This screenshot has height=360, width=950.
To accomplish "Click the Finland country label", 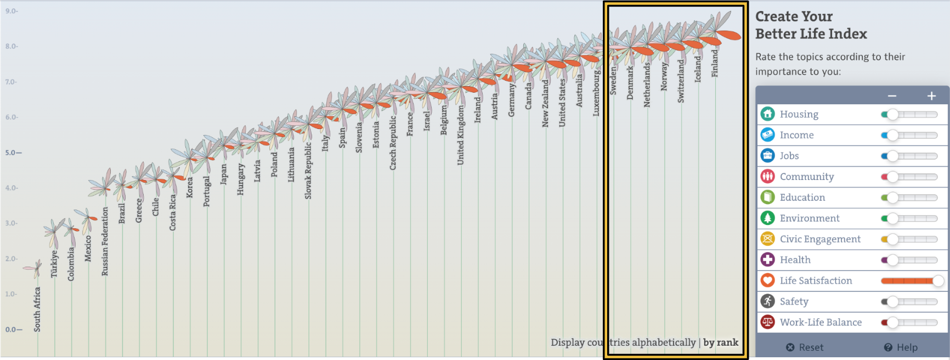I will (x=715, y=63).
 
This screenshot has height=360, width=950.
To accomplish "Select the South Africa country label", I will (x=37, y=310).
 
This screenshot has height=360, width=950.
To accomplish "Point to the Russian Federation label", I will (x=105, y=241).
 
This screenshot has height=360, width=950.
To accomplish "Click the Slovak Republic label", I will (x=308, y=171).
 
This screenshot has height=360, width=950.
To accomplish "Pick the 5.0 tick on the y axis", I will (x=13, y=153).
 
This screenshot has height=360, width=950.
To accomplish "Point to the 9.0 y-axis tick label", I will (x=11, y=11).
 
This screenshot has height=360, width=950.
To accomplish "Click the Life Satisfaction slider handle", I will (x=938, y=281).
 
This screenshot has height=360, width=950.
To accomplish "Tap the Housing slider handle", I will (x=892, y=114).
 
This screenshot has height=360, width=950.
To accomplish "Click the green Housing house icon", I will (x=767, y=114).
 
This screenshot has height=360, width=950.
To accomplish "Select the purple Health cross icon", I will (x=767, y=260).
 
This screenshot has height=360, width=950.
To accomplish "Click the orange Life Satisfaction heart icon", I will (x=767, y=280).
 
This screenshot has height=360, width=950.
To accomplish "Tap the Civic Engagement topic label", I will (x=820, y=239).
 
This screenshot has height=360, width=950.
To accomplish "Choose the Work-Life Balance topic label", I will (x=821, y=322).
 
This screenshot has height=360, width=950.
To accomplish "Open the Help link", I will (x=901, y=347).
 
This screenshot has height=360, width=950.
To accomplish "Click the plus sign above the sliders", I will (x=931, y=96).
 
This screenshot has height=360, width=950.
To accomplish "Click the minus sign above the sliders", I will (x=892, y=96).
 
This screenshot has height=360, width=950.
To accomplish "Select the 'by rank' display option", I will (x=721, y=342).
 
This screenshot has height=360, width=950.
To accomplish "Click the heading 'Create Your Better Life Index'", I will (x=811, y=25).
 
